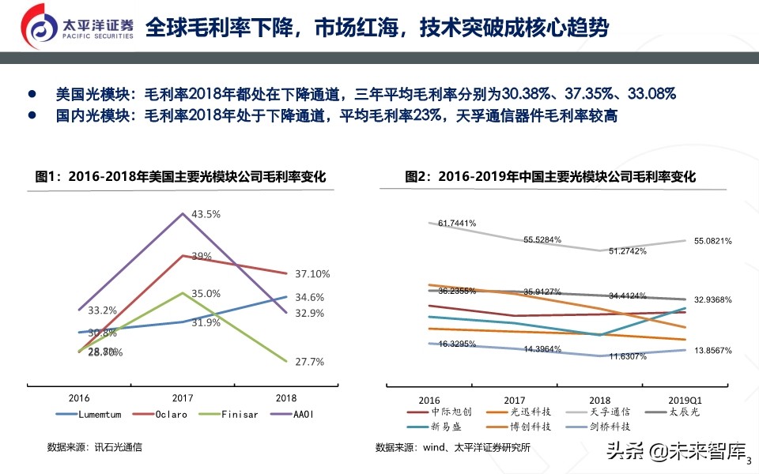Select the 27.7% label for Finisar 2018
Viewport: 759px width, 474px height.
pos(308,362)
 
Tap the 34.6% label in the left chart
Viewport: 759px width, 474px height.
pos(308,297)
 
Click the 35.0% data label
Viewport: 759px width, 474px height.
pos(206,293)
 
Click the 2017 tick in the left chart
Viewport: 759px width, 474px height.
pos(183,398)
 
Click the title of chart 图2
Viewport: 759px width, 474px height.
pos(550,177)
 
